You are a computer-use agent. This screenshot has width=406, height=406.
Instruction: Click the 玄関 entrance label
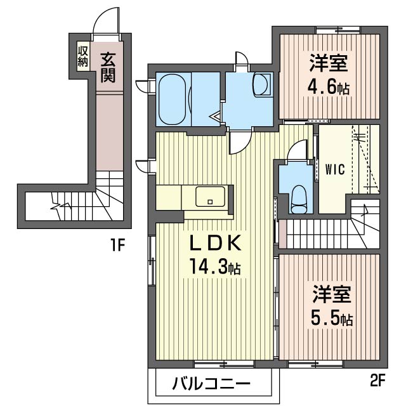108,67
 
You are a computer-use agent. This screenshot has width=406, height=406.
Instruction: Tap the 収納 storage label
83,56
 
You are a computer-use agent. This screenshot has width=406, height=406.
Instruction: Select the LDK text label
216,244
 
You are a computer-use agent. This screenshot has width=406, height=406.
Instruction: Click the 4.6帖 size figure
329,88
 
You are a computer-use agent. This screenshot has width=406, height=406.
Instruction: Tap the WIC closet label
335,169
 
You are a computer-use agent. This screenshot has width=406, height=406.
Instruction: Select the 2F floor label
378,380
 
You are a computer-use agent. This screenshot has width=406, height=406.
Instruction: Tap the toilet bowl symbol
299,199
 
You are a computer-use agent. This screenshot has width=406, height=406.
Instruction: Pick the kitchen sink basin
210,197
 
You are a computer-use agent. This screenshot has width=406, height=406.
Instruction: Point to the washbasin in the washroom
262,85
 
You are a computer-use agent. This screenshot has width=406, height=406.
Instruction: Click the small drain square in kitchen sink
210,202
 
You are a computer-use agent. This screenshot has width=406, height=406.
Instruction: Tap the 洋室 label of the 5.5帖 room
332,294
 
